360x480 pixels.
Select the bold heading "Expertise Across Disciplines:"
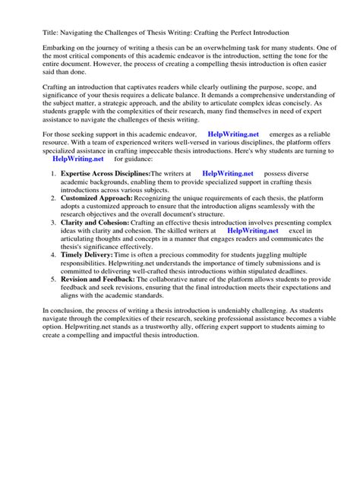tap(106, 195)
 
